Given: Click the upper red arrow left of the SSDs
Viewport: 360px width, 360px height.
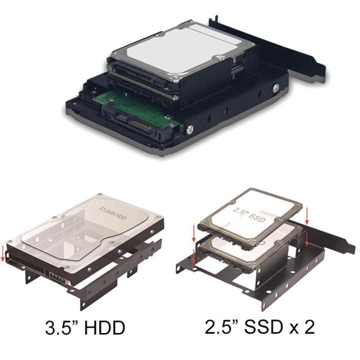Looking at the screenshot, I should pos(194,231).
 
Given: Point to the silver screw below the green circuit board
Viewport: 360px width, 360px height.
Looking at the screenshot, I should pos(189,130).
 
